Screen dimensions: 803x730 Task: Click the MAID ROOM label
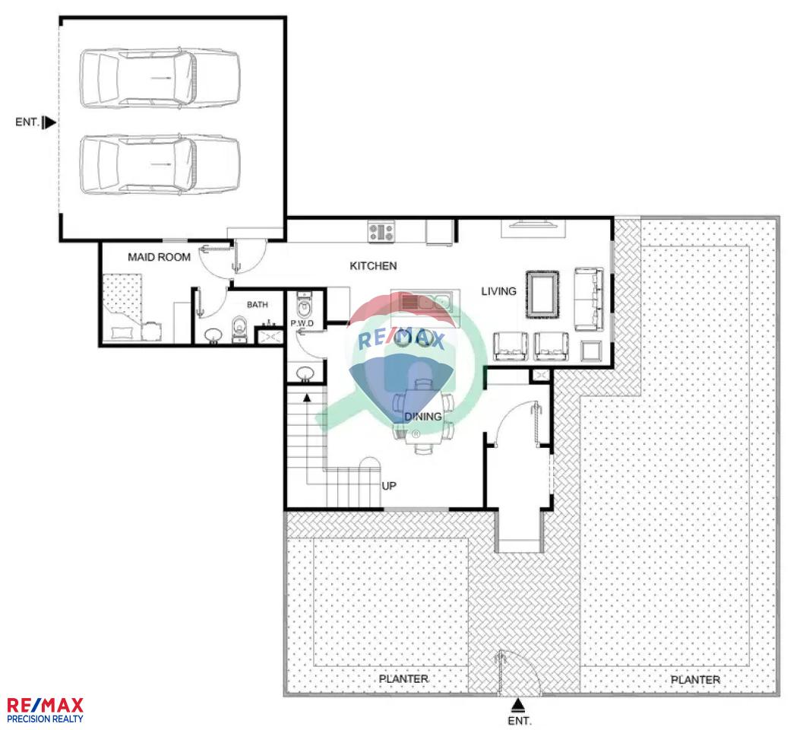(159, 257)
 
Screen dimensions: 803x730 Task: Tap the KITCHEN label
(373, 265)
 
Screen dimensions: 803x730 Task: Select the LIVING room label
(498, 291)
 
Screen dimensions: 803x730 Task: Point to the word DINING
(423, 416)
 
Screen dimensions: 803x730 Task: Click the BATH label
(257, 304)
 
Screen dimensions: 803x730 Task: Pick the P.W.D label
(302, 323)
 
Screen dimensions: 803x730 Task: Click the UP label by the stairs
(389, 485)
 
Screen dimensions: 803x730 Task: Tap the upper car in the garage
(160, 78)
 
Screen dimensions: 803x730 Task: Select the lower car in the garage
(160, 164)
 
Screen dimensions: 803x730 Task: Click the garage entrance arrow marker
(49, 122)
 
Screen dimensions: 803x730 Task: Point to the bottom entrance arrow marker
(518, 706)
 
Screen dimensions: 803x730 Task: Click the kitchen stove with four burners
(381, 231)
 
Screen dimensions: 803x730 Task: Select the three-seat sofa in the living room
(589, 299)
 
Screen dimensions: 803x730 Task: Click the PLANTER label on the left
(403, 679)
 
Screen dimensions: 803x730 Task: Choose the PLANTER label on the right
(695, 680)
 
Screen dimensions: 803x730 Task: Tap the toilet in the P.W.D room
(304, 306)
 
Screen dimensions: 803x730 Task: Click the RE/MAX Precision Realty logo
(45, 710)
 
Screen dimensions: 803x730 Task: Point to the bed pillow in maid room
(122, 333)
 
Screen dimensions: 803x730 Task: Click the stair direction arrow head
(307, 397)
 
